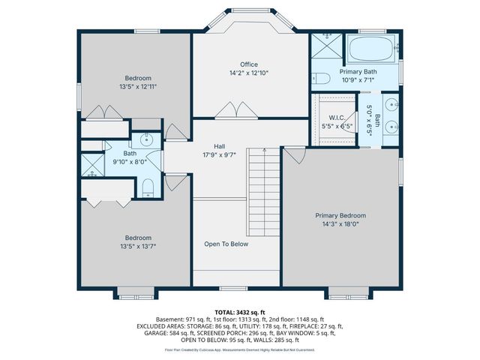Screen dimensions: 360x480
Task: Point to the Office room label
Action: click(x=249, y=64)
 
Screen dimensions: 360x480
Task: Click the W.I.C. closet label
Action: click(x=337, y=118)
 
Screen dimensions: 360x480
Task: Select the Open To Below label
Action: click(x=226, y=244)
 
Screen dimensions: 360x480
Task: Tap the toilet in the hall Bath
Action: click(x=148, y=187)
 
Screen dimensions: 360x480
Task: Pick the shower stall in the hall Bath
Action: click(x=91, y=163)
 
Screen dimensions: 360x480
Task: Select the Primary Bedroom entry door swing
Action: click(x=293, y=154)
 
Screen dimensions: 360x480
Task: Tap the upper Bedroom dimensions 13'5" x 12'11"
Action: click(x=138, y=86)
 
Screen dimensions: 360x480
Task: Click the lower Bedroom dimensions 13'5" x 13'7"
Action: click(x=138, y=245)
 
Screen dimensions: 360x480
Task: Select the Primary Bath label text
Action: click(x=358, y=72)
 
